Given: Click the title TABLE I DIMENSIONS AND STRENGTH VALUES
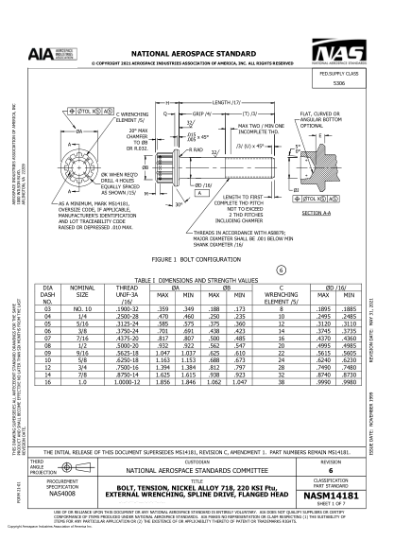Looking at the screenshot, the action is (x=197, y=278).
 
